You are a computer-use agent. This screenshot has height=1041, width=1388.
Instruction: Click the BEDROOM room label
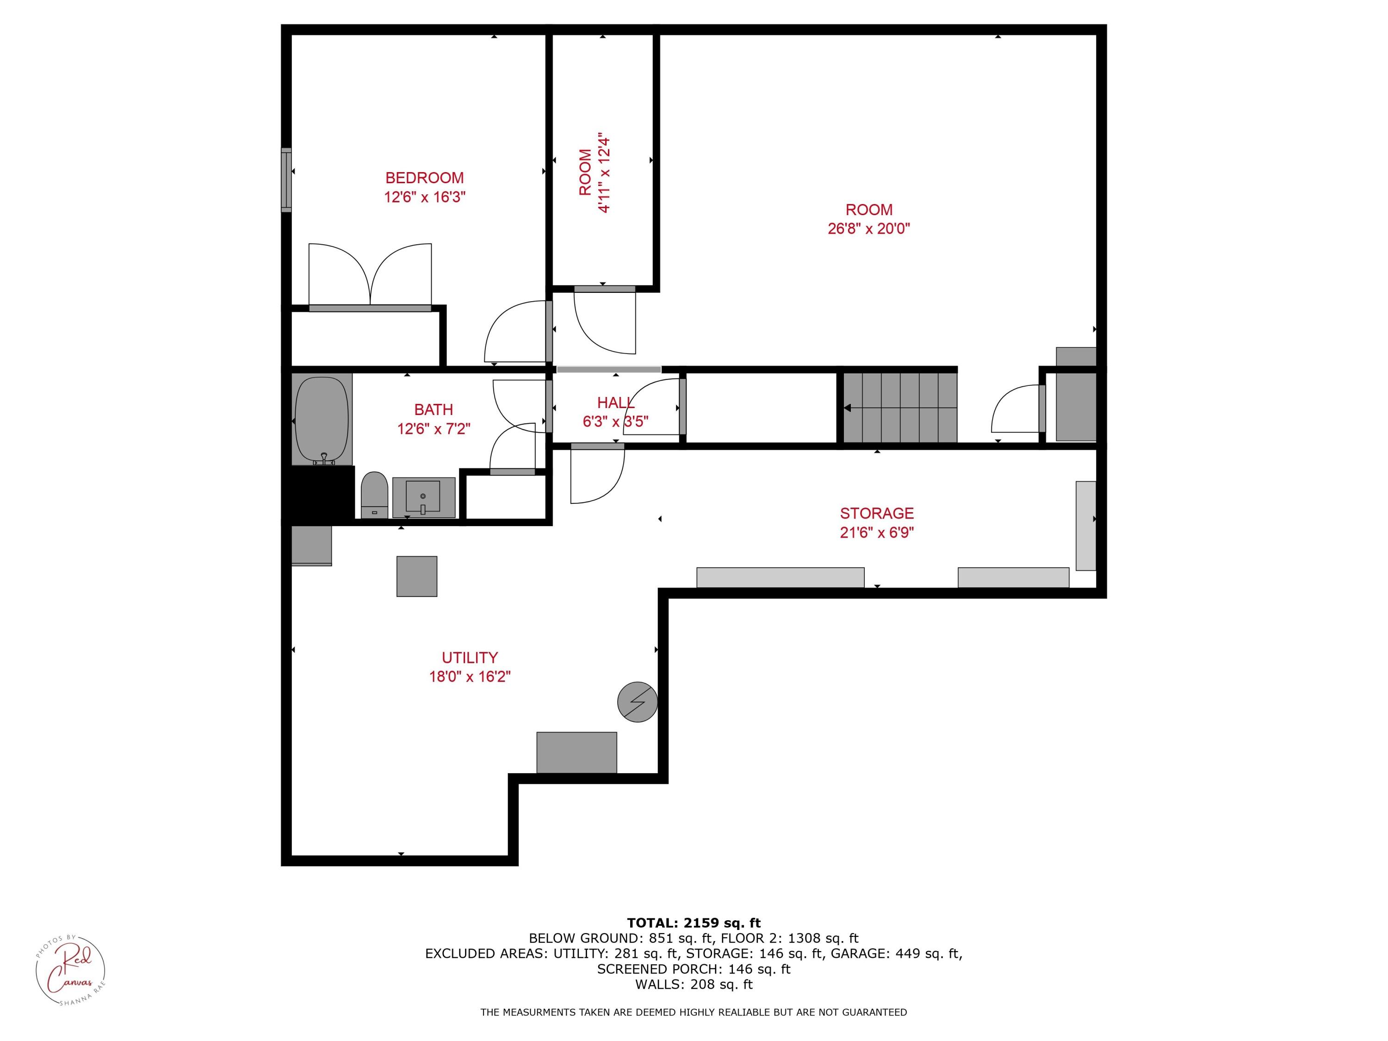tap(425, 178)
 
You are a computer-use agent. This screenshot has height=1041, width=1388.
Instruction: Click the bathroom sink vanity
tap(423, 497)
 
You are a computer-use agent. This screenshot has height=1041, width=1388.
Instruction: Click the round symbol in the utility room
tap(638, 701)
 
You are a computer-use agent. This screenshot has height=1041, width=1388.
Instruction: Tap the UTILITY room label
tap(470, 657)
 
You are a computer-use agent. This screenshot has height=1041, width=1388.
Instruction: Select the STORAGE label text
tap(877, 513)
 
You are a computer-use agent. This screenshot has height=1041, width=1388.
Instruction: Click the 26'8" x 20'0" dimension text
tap(868, 229)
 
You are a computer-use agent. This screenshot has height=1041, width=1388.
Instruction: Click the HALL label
tap(615, 403)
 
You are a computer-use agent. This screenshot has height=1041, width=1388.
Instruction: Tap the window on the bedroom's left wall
tap(286, 180)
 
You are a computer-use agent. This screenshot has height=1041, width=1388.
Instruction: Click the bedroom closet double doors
tap(370, 276)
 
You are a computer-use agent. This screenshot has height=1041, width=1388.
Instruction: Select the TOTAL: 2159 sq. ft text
tap(694, 923)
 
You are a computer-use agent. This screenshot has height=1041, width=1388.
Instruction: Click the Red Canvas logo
tap(70, 970)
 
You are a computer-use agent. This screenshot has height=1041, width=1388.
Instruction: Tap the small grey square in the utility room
tap(417, 576)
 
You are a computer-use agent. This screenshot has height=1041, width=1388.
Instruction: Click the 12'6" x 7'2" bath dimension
tap(434, 428)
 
